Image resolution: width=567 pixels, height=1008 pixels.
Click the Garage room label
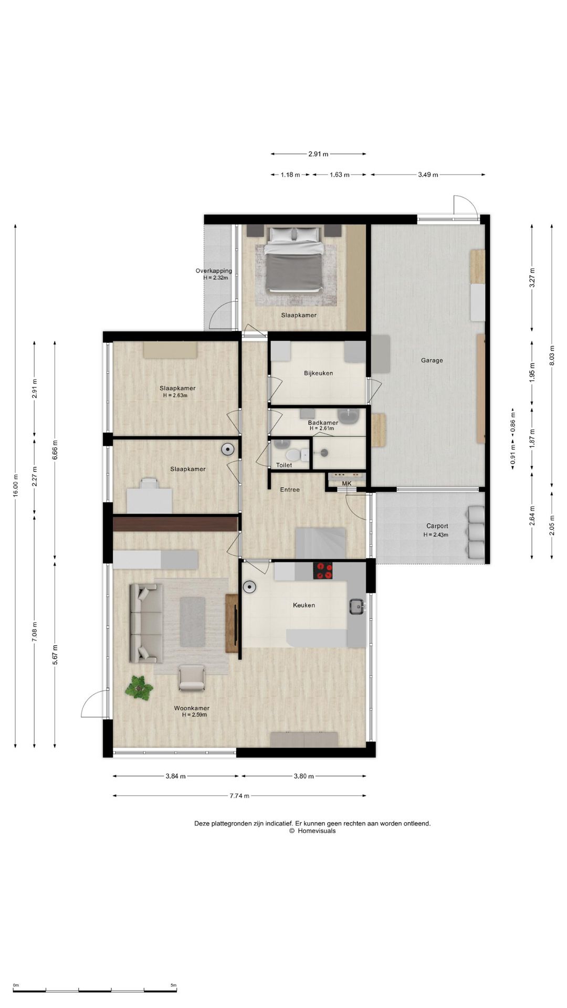point(432,360)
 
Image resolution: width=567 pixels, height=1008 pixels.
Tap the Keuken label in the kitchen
point(304,605)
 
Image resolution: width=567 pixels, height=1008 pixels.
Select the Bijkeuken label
point(318,373)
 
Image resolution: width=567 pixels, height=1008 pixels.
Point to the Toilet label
point(284,465)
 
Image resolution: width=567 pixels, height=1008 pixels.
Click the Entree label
point(290,489)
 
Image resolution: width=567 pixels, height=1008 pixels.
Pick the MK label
point(346,484)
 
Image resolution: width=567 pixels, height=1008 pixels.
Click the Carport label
point(437,526)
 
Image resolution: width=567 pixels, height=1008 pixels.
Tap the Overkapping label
point(214,271)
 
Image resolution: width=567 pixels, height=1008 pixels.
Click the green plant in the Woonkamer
point(139,687)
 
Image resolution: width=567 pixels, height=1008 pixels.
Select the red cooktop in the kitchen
point(323,571)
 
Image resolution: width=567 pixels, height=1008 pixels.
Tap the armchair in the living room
point(192,678)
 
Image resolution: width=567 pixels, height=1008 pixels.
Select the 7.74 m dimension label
point(239,795)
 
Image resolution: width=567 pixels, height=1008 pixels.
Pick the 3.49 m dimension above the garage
point(428,175)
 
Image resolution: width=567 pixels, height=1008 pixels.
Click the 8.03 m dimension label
point(552,355)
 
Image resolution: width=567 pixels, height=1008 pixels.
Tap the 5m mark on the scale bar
point(173,985)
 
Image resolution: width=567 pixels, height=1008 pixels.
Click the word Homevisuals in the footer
point(317,831)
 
